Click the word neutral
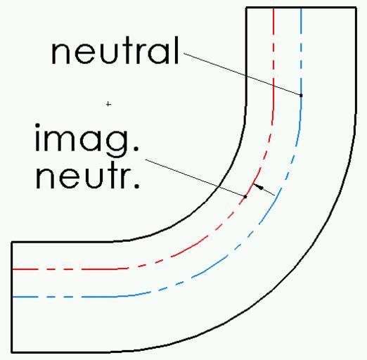(115, 50)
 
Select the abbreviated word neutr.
(87, 175)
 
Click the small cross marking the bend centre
(108, 104)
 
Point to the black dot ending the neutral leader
(301, 96)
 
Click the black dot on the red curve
(245, 197)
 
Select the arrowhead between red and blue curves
(259, 187)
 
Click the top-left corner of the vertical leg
(246, 8)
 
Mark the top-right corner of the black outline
(356, 8)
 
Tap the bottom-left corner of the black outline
(12, 352)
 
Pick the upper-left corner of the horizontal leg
(12, 242)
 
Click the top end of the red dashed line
(273, 8)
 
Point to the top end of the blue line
(301, 8)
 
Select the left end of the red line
(13, 269)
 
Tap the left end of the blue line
(13, 297)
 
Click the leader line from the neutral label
(243, 75)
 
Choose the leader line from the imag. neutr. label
(195, 178)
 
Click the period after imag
(136, 148)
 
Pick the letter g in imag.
(117, 143)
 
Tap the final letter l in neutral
(177, 50)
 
